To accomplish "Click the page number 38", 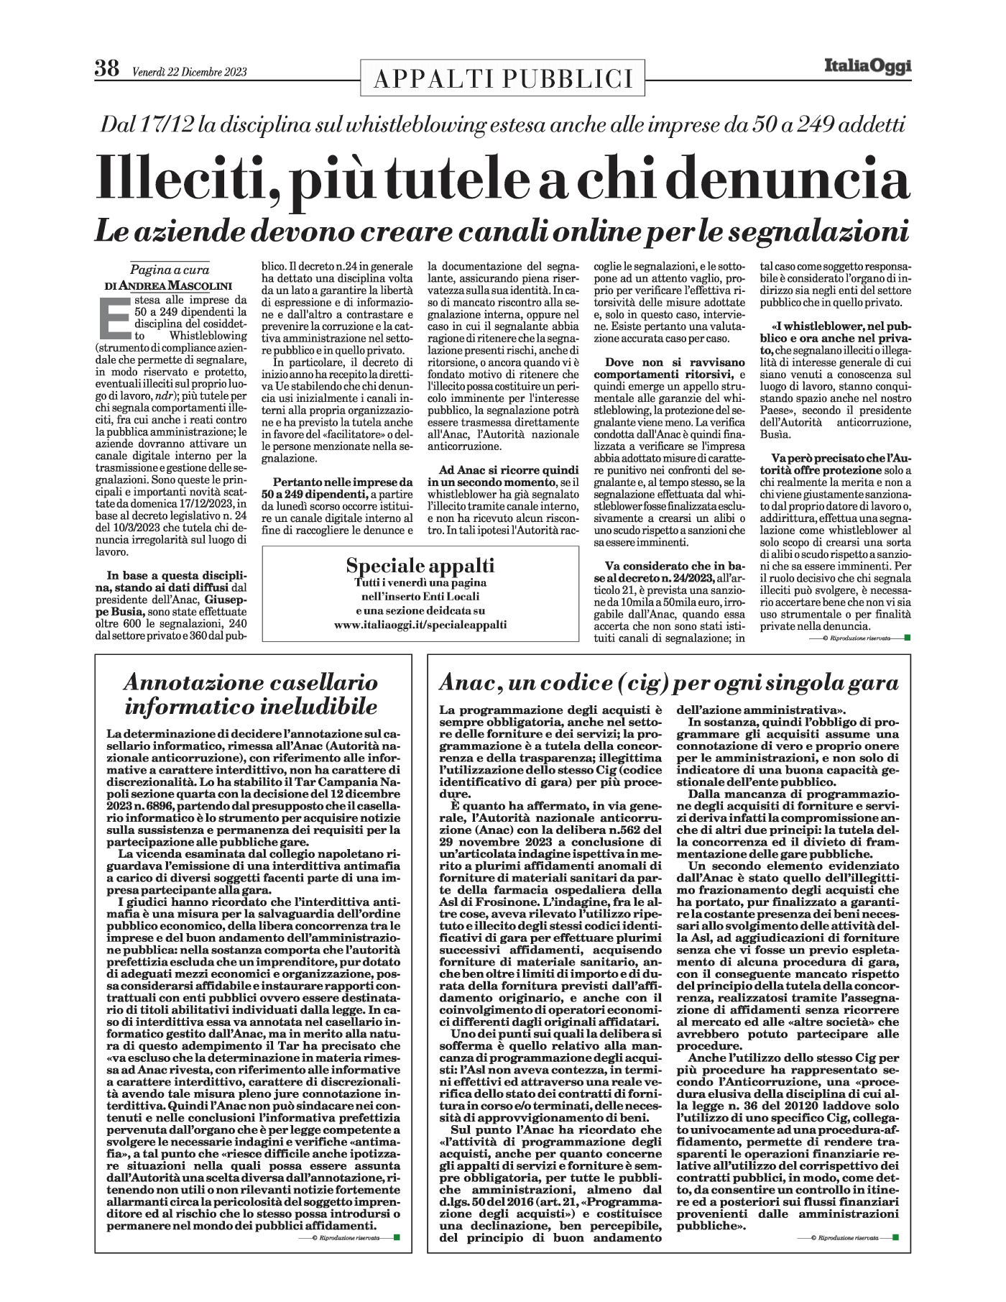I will (107, 69).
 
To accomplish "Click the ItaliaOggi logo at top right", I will (867, 67).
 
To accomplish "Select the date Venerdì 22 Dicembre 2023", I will (190, 72).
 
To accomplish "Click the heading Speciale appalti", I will (420, 565).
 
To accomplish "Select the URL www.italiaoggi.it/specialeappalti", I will (420, 625).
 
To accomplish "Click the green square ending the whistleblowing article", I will (907, 637).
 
